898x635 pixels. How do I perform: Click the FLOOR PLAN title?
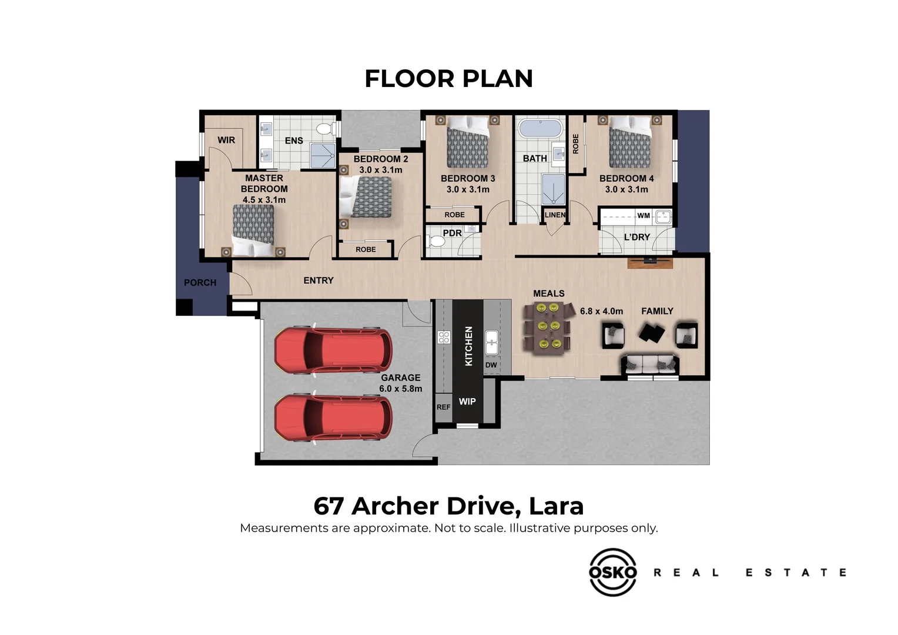click(x=448, y=79)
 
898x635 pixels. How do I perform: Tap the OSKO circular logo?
click(x=612, y=572)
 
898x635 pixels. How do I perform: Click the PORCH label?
click(x=200, y=283)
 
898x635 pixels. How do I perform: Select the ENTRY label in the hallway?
click(x=318, y=280)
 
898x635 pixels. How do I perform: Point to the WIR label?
click(x=226, y=140)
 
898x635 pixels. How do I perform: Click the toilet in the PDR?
click(x=436, y=242)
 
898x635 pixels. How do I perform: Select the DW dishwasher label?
click(x=491, y=365)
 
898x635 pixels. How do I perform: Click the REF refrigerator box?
click(x=443, y=407)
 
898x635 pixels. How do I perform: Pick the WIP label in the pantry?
click(x=467, y=402)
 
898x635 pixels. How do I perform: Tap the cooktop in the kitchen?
click(x=444, y=337)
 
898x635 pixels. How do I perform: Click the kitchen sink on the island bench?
click(x=491, y=342)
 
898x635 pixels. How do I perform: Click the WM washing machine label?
click(x=644, y=216)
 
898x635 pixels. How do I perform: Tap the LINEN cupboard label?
click(x=554, y=215)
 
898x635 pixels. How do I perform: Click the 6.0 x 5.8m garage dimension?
click(x=400, y=389)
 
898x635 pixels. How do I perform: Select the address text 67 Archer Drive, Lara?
click(x=448, y=506)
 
